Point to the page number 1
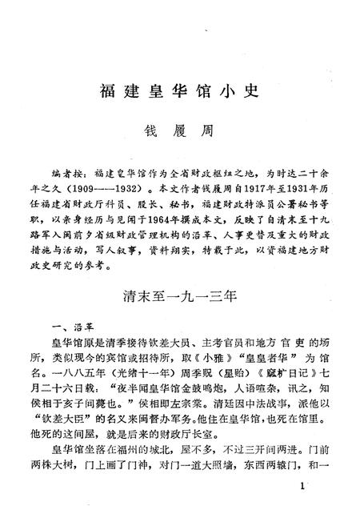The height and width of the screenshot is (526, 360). pos(300,486)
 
